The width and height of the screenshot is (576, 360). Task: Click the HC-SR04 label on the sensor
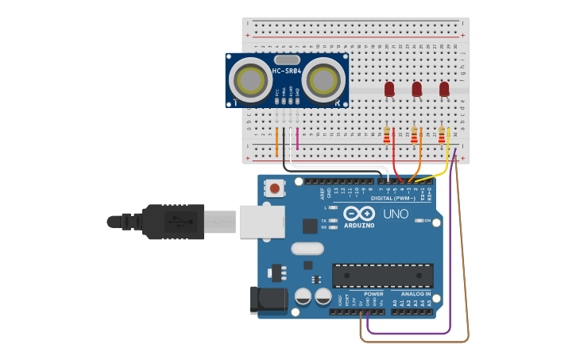(287, 72)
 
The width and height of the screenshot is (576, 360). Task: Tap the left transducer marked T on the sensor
(249, 79)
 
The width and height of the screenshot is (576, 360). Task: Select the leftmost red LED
(389, 89)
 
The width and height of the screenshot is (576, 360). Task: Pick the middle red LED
(416, 89)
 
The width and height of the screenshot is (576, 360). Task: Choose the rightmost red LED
(444, 89)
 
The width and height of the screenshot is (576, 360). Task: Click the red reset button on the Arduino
(275, 188)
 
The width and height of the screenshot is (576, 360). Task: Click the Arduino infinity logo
(359, 213)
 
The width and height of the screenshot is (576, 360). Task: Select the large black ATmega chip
(382, 276)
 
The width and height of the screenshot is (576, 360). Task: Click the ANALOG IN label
(411, 294)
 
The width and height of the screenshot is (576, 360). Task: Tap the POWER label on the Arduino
(373, 294)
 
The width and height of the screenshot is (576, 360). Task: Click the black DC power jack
(267, 300)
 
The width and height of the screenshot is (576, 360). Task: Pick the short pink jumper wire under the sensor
(297, 138)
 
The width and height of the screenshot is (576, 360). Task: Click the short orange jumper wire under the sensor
(276, 141)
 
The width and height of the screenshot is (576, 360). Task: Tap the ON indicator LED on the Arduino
(418, 220)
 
